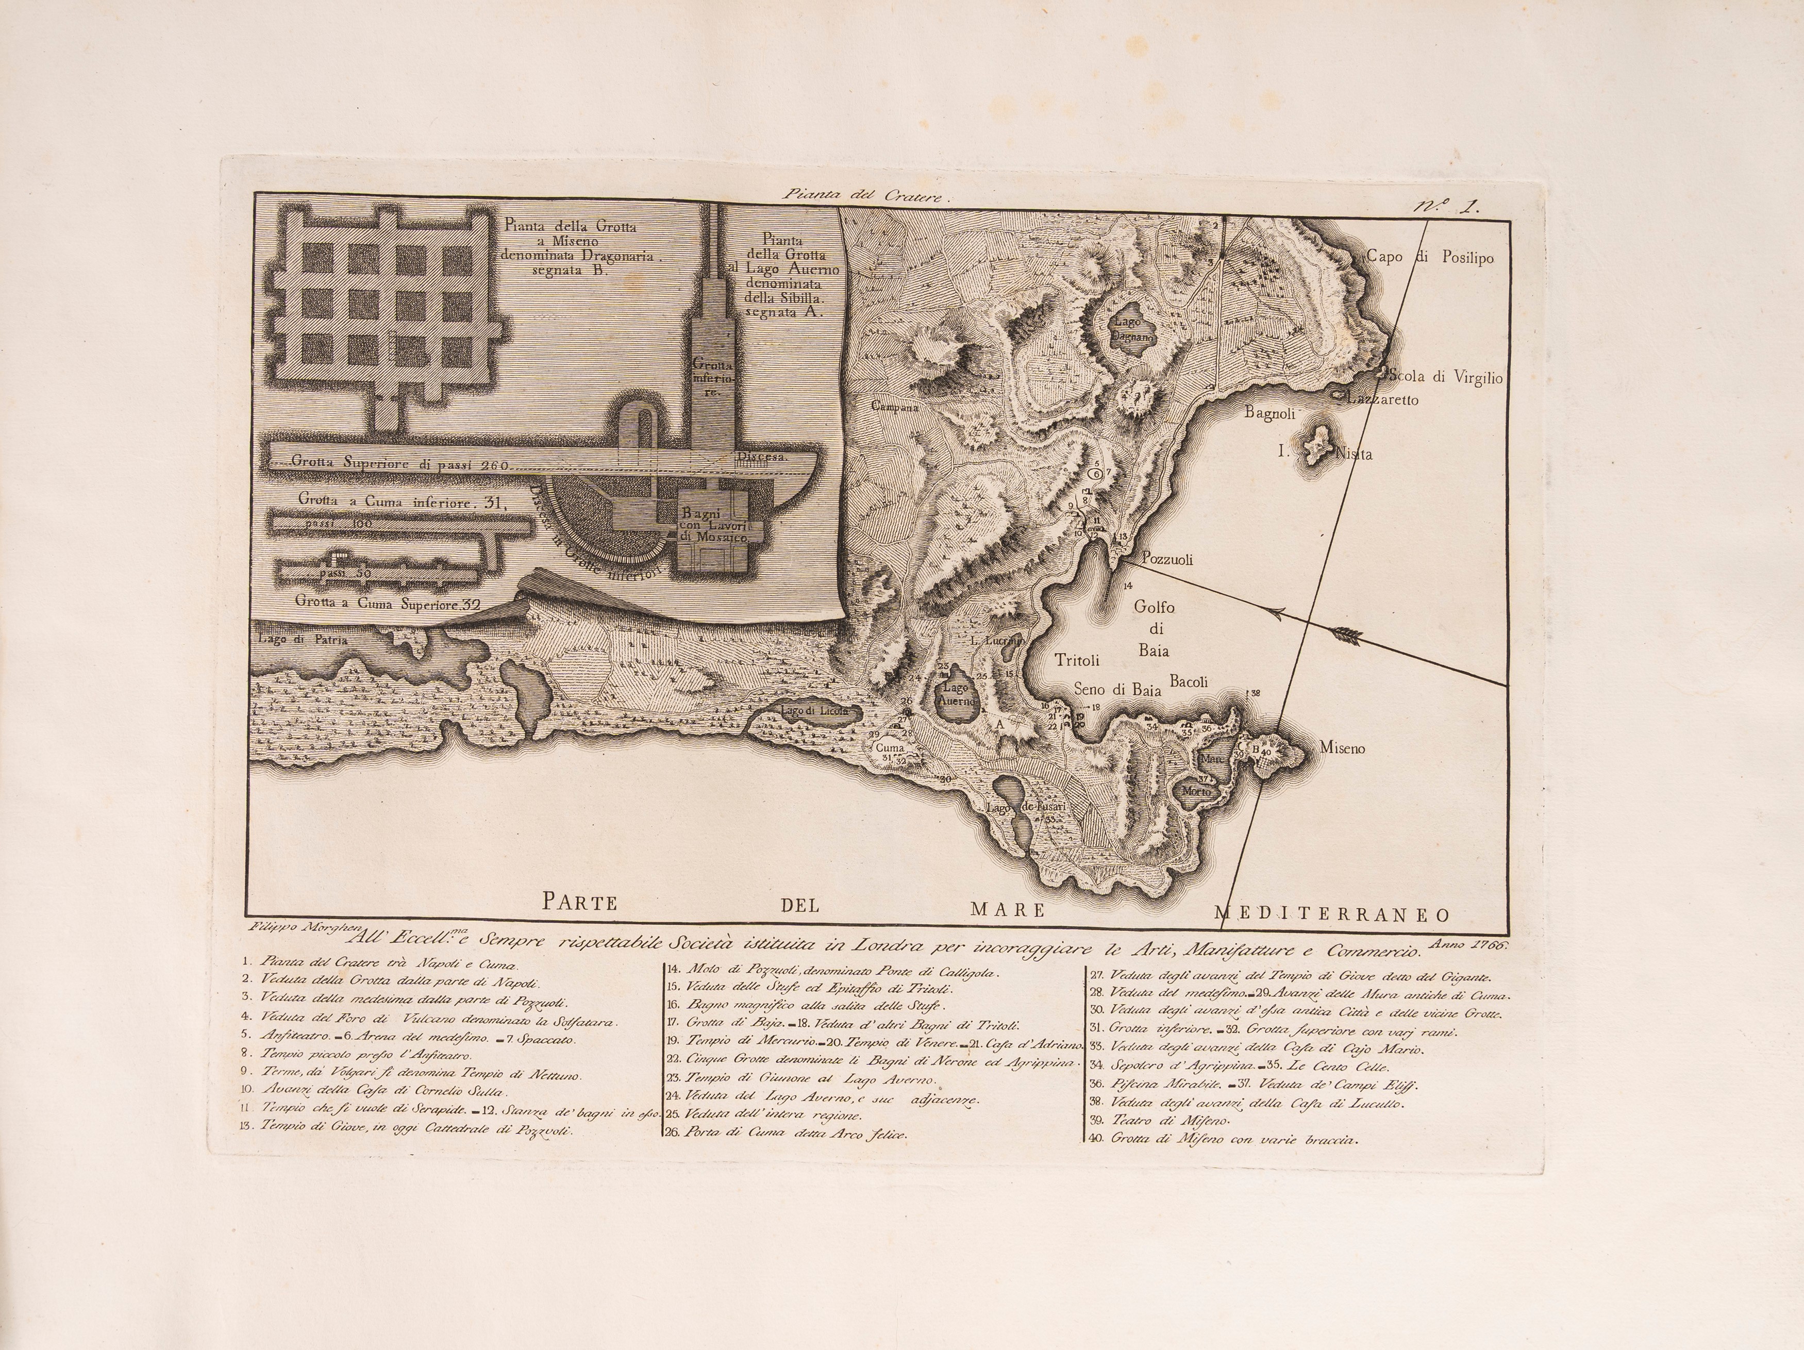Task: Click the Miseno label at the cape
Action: [1342, 747]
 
